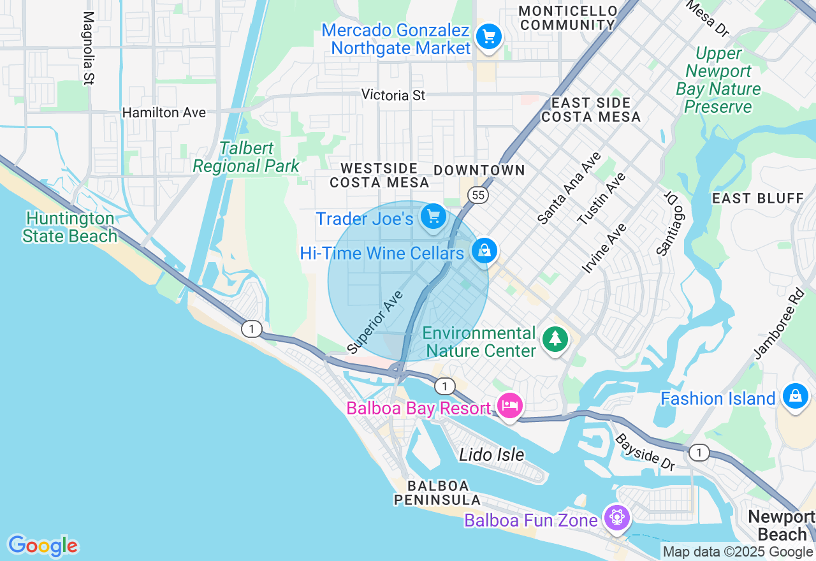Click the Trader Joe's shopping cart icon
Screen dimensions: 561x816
click(434, 217)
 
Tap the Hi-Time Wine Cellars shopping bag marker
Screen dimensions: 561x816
click(484, 251)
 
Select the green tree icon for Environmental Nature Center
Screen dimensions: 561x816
click(555, 339)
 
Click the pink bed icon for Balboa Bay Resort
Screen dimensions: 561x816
click(510, 405)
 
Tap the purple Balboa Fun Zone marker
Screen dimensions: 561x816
click(617, 517)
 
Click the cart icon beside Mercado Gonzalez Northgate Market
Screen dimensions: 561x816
click(489, 36)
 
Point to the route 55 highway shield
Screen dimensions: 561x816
click(477, 195)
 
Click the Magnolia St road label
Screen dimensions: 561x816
click(89, 48)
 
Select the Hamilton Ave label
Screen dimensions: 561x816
click(164, 113)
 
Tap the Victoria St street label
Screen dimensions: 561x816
click(393, 95)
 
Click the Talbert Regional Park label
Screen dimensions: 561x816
click(246, 157)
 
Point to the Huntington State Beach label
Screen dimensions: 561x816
click(70, 228)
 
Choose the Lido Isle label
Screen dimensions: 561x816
click(492, 455)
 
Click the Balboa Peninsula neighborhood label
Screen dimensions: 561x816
click(437, 493)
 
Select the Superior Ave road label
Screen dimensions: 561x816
click(376, 323)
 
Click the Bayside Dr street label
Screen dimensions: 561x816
click(645, 453)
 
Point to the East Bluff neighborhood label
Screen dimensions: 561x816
click(758, 198)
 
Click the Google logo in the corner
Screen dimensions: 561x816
click(43, 546)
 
